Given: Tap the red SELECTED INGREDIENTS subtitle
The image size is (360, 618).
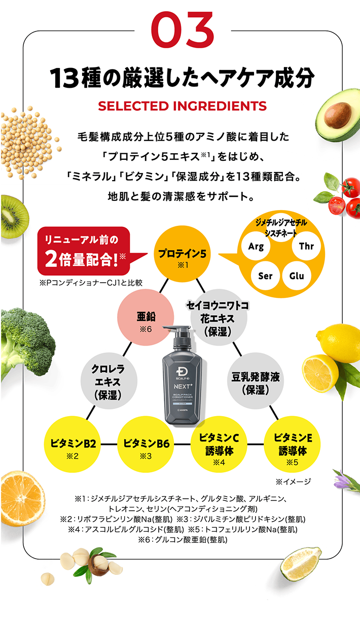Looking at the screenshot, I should click(182, 106).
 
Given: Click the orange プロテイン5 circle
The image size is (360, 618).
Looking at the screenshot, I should click(182, 256).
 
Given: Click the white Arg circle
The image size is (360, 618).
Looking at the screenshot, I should click(256, 247).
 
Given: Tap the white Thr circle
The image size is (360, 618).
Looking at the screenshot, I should click(306, 247).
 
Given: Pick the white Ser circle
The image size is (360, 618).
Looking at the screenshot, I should click(265, 276).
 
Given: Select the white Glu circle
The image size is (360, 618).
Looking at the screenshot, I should click(296, 276).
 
